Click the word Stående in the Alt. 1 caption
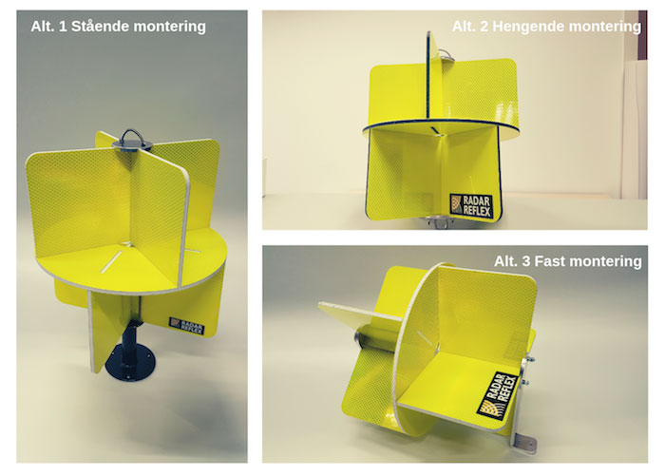[100, 27]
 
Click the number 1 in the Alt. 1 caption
[63, 27]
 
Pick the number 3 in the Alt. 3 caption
[526, 261]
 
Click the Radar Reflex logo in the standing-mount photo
[186, 326]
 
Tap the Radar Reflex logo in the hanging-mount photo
[471, 206]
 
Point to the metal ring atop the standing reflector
[132, 137]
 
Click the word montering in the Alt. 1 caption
[169, 27]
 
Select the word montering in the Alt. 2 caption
[604, 27]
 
